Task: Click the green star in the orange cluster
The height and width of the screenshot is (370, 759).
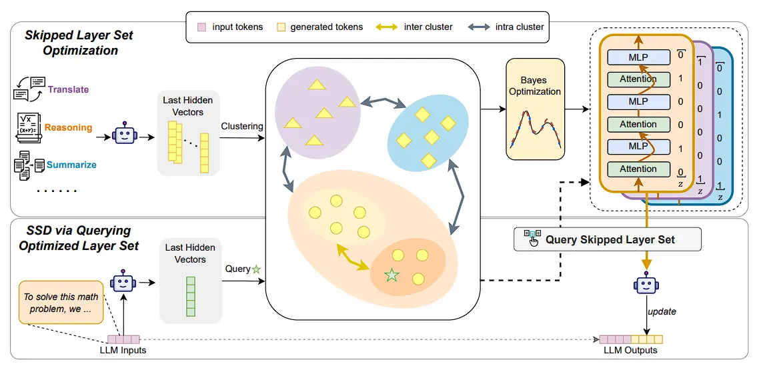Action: coord(392,274)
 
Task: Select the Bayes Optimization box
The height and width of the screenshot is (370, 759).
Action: coord(535,109)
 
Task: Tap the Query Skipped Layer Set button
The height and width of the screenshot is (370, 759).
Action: coord(608,239)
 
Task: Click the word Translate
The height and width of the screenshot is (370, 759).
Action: coord(68,89)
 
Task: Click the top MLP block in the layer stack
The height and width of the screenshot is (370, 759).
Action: coord(638,57)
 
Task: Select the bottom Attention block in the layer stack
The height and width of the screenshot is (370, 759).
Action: coord(638,169)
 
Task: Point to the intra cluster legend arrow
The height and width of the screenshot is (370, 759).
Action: coord(478,27)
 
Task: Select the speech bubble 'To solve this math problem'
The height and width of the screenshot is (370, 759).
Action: coord(61,303)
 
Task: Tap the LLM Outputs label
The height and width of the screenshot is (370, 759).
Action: coord(630,351)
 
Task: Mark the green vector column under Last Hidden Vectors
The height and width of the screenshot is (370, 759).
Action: coord(190,295)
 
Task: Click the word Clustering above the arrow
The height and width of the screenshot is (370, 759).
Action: coord(242,126)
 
